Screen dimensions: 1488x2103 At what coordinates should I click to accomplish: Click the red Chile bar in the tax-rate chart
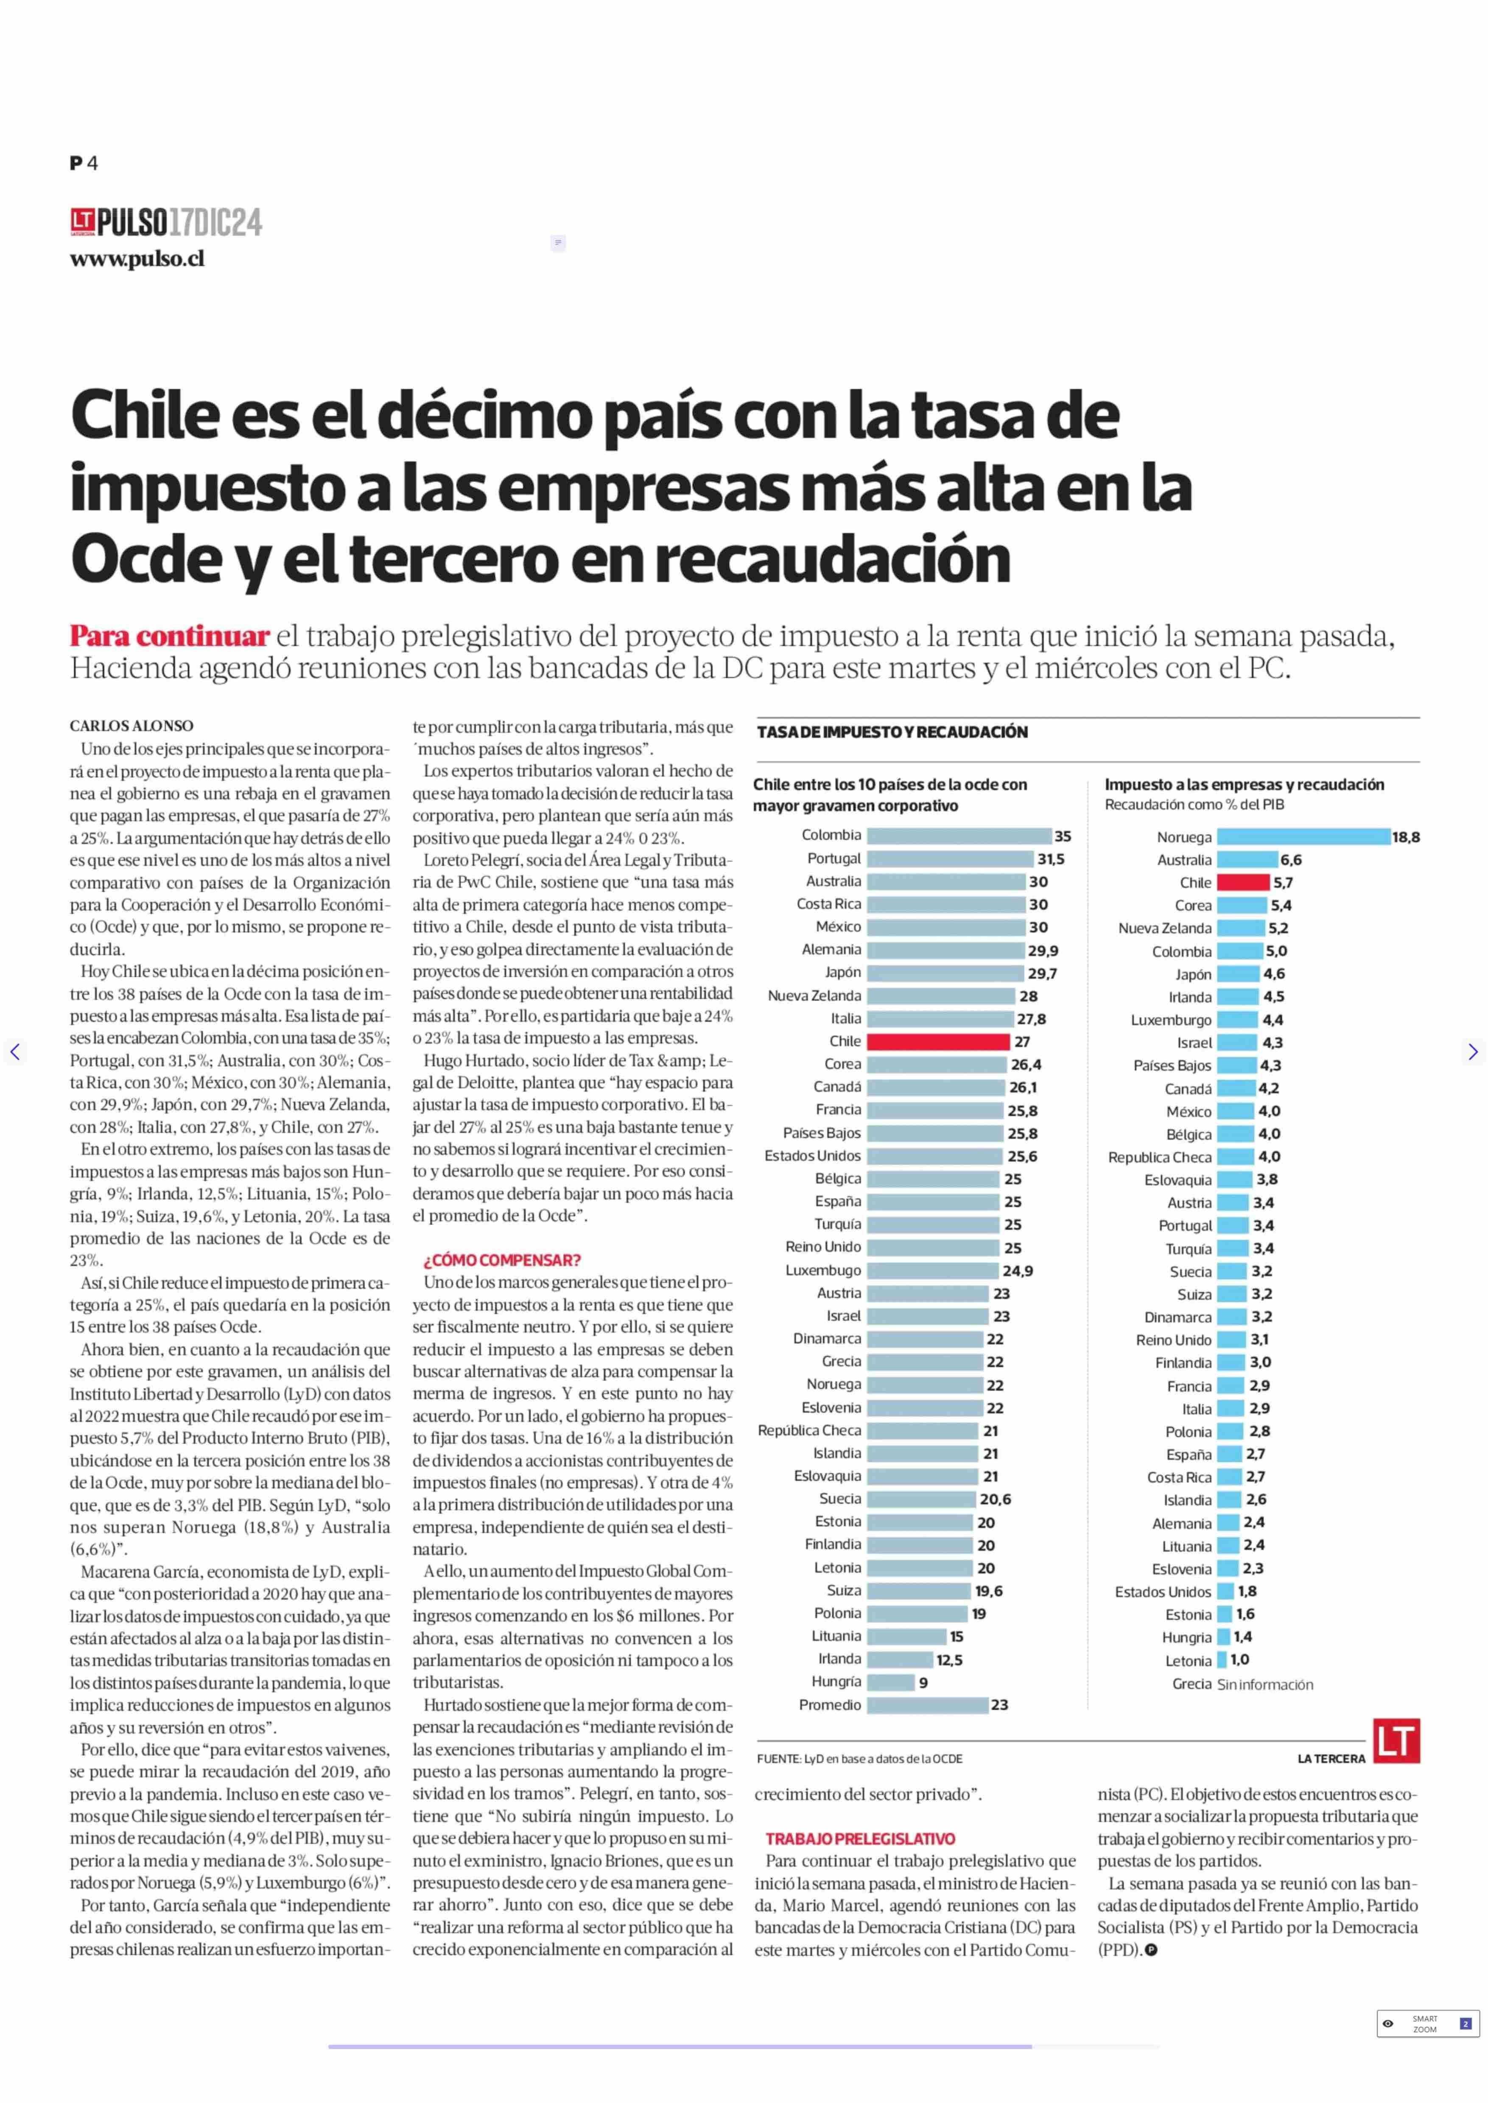tap(938, 1041)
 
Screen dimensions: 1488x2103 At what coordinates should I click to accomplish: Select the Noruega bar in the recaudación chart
tap(1303, 836)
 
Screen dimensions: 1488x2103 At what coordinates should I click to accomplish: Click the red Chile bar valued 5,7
tap(1243, 882)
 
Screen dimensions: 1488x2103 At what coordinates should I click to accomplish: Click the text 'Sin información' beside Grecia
tap(1264, 1684)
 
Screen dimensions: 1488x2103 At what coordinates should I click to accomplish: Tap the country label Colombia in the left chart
tap(831, 835)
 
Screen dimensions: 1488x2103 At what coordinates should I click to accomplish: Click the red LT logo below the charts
tap(1396, 1740)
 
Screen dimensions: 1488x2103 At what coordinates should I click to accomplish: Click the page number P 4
tap(84, 163)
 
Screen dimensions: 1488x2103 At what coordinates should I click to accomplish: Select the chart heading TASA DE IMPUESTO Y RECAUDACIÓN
tap(892, 732)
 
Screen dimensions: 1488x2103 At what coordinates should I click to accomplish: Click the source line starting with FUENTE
tap(859, 1759)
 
